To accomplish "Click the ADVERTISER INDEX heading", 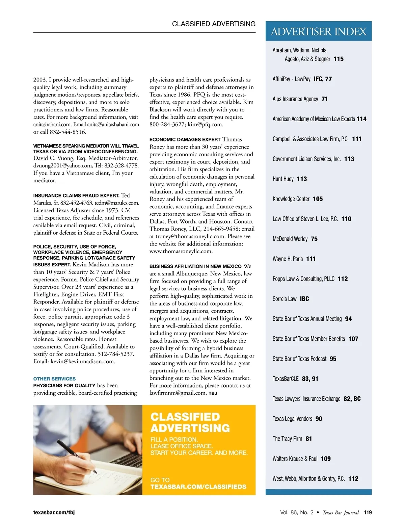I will (318, 31).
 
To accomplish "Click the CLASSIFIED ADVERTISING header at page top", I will (214, 24).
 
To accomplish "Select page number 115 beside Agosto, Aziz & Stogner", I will (339, 59).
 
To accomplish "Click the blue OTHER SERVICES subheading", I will (54, 379).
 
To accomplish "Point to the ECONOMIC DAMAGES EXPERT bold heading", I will (185, 139).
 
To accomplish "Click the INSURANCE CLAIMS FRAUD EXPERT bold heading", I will (76, 195).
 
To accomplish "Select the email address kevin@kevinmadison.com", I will (83, 362).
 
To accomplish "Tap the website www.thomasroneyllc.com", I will (181, 251).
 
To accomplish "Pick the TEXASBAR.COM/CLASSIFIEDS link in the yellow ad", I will (198, 487).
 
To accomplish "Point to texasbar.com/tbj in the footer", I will (54, 512).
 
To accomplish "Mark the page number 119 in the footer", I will (368, 512).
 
